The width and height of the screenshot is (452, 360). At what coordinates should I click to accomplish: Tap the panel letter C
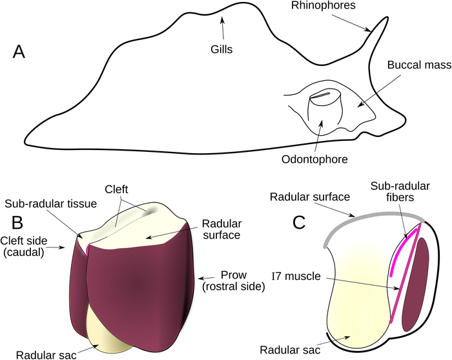tap(298, 222)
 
